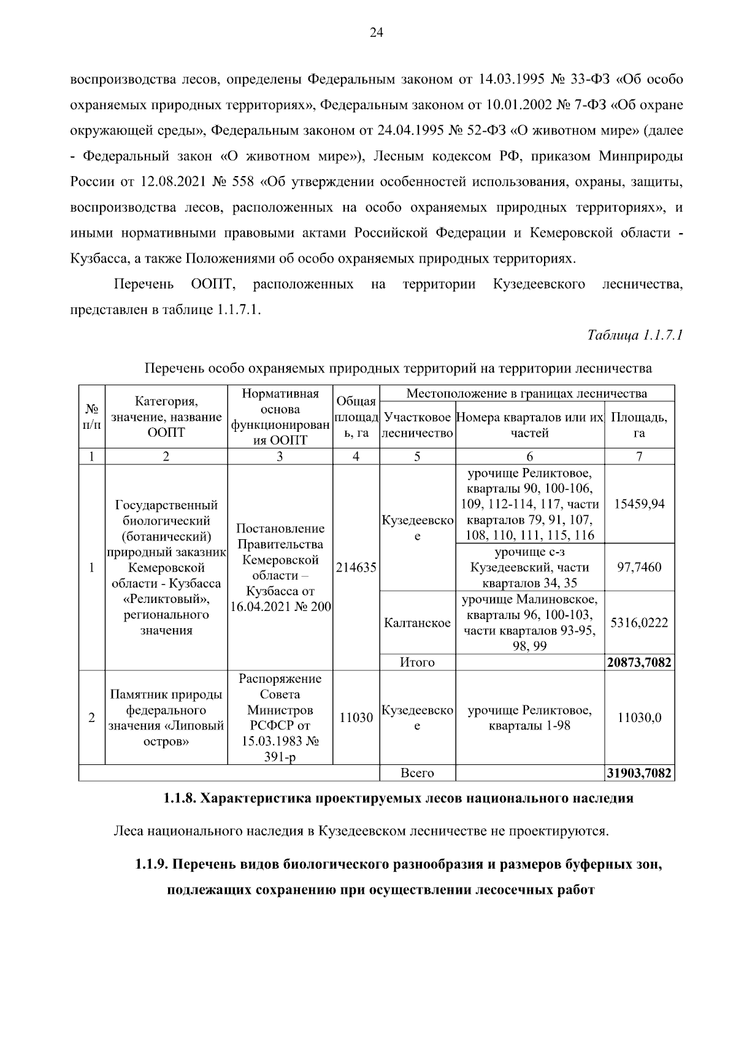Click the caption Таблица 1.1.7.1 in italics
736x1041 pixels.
635,335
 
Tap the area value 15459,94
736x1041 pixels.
639,504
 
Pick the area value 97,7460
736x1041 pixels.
639,567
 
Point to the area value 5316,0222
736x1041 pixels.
639,623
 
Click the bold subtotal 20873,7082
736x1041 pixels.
639,663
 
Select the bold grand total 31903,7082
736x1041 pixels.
639,774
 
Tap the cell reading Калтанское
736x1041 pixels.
417,623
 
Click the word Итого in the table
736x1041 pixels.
417,663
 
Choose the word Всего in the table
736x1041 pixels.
417,774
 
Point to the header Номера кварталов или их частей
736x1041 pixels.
530,425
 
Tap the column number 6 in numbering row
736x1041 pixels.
530,456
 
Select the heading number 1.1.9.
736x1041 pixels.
151,865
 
